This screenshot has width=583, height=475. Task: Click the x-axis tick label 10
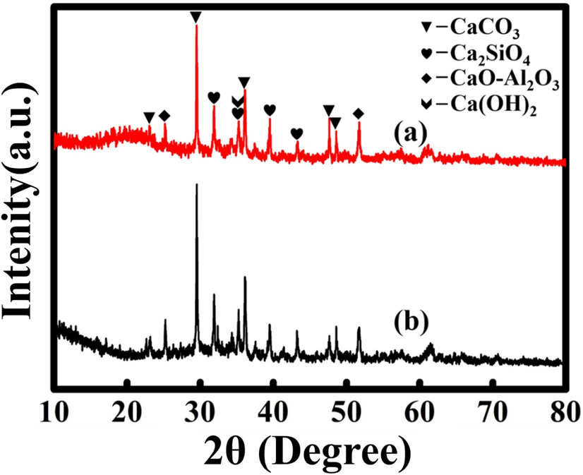pyautogui.click(x=54, y=409)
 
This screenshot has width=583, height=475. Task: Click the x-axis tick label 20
pyautogui.click(x=128, y=409)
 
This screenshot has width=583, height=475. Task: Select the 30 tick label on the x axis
pyautogui.click(x=200, y=409)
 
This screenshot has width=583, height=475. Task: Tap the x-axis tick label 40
pyautogui.click(x=274, y=409)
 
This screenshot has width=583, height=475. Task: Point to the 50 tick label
pyautogui.click(x=347, y=409)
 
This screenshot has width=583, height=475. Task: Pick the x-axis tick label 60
pyautogui.click(x=420, y=409)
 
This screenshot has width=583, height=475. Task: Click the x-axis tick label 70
pyautogui.click(x=493, y=409)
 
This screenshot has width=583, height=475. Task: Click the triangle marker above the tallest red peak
pyautogui.click(x=196, y=16)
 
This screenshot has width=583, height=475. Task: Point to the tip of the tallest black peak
pyautogui.click(x=196, y=184)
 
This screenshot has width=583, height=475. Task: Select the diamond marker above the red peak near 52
pyautogui.click(x=359, y=114)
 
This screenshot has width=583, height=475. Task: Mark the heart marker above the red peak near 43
pyautogui.click(x=297, y=133)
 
